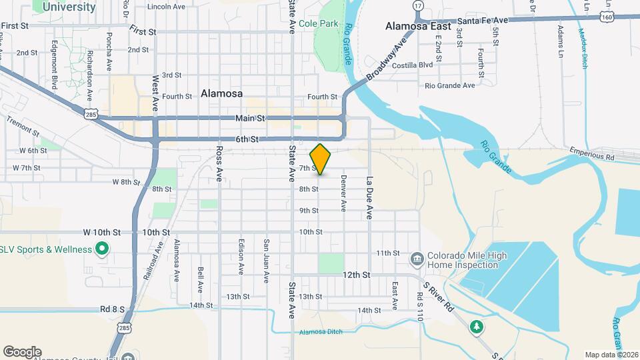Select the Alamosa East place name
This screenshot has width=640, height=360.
pos(418,27)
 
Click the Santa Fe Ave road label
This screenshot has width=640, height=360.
pos(483,21)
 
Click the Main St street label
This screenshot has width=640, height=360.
pos(250,118)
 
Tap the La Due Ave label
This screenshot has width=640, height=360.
pos(368,198)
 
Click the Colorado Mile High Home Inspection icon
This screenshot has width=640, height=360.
pos(417,258)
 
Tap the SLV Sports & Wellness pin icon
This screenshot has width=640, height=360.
pos(102,250)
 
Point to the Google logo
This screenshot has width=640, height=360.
pos(22,351)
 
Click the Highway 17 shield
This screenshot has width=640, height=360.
pos(418,5)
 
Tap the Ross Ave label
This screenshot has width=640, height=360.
pos(219,165)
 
